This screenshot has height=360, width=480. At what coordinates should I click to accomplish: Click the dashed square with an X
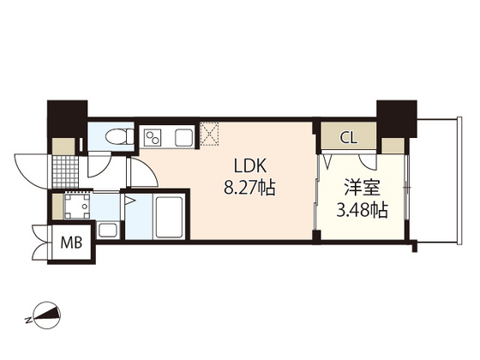(209, 133)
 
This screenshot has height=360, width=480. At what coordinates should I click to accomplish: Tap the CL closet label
(349, 136)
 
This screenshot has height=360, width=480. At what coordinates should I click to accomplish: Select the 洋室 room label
(354, 185)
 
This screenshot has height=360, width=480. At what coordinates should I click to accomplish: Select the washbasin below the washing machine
(109, 229)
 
